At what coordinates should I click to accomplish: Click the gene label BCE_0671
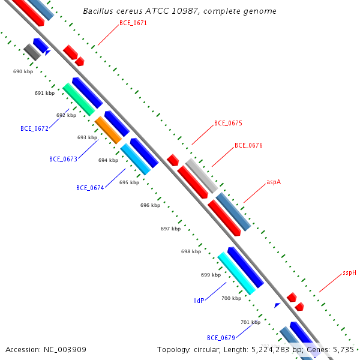tap(133, 23)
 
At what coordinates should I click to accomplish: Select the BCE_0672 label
tap(34, 128)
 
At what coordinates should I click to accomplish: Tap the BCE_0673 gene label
tap(63, 159)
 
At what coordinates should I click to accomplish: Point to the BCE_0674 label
tap(90, 188)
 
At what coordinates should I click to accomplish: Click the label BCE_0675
tap(228, 123)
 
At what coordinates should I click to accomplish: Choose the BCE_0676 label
tap(248, 145)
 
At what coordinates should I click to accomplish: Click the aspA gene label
tap(274, 182)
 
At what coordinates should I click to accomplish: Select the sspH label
tap(349, 272)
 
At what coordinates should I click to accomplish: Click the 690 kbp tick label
tap(23, 71)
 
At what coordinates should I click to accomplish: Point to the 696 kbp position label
tap(150, 205)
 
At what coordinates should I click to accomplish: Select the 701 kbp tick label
tap(250, 322)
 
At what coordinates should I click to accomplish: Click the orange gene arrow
tap(109, 130)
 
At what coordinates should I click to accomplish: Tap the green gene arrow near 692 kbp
tap(79, 99)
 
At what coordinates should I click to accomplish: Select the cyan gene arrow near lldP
tap(236, 273)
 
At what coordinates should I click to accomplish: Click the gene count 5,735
tap(343, 349)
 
